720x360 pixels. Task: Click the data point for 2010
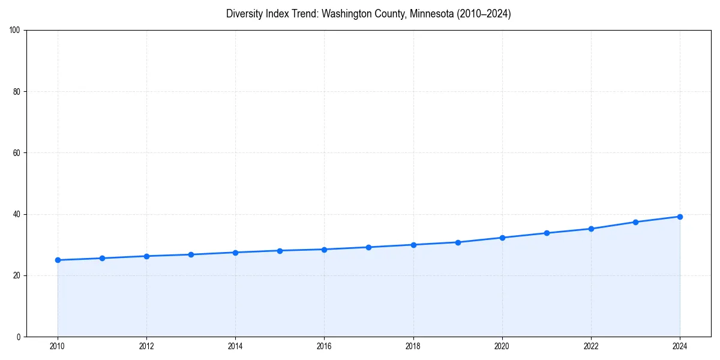[58, 260]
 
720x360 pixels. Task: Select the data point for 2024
[680, 217]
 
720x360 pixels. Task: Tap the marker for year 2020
[502, 238]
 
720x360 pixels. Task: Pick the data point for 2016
[324, 250]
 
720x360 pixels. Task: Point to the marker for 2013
[191, 254]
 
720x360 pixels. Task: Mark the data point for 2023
[635, 222]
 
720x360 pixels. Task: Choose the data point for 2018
[413, 245]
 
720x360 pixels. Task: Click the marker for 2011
[102, 258]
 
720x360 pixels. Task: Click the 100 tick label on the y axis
[16, 31]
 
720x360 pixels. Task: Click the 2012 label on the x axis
[146, 346]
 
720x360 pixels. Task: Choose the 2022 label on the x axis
[591, 346]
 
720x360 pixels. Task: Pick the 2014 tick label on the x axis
[235, 346]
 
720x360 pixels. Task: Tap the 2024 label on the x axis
[680, 346]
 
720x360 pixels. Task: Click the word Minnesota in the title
[432, 14]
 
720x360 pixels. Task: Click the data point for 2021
[547, 233]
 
